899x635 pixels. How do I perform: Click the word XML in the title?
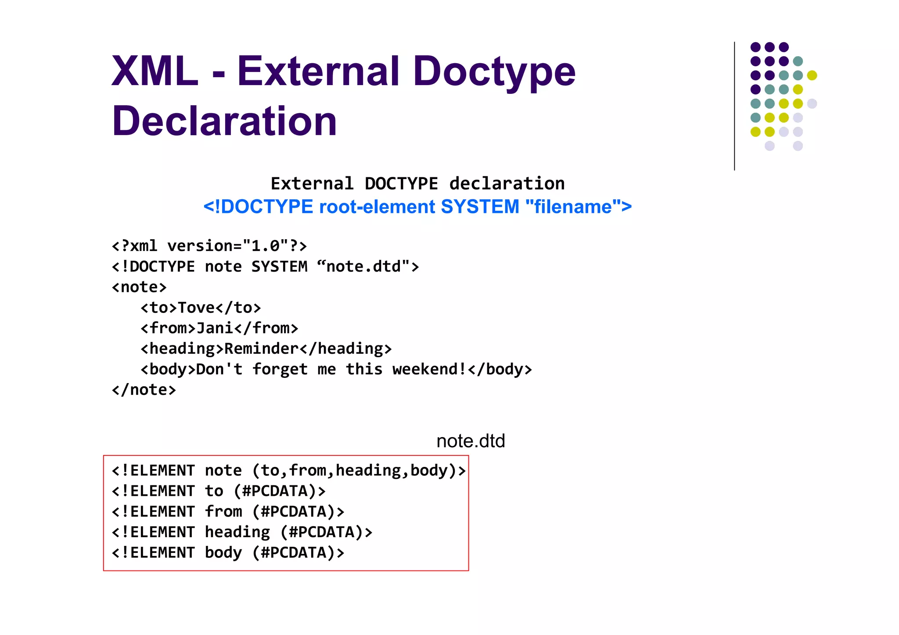[x=155, y=71]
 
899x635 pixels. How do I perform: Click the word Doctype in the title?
[x=494, y=72]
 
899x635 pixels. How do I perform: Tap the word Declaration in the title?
[x=224, y=121]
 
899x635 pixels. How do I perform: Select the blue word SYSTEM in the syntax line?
[x=479, y=207]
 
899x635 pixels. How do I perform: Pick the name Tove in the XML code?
[x=196, y=308]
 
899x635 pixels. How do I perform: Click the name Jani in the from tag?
[x=215, y=328]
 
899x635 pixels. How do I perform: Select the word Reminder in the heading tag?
[x=262, y=349]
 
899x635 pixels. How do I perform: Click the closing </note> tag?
[x=144, y=390]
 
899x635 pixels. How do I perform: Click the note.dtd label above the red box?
[x=471, y=441]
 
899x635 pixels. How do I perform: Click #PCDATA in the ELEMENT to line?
[x=275, y=491]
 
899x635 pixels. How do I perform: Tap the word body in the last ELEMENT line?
[x=223, y=552]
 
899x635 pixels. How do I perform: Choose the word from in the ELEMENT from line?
[x=223, y=512]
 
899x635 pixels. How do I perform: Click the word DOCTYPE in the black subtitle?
[x=401, y=183]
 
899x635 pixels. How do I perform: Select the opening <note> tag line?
[x=140, y=287]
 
